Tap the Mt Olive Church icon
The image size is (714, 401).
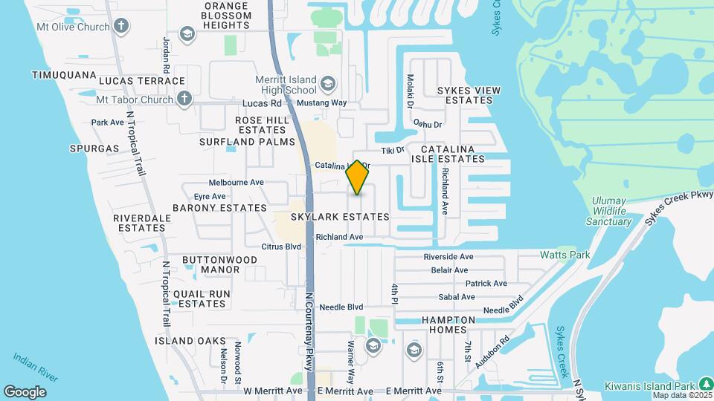pyautogui.click(x=120, y=27)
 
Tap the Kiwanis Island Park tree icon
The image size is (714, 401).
pyautogui.click(x=705, y=384)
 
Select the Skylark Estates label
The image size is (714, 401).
pyautogui.click(x=340, y=217)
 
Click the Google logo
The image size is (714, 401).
pyautogui.click(x=25, y=391)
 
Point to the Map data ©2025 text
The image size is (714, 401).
pyautogui.click(x=681, y=394)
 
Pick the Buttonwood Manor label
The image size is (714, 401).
pyautogui.click(x=220, y=264)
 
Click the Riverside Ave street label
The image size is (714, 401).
pyautogui.click(x=449, y=256)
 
